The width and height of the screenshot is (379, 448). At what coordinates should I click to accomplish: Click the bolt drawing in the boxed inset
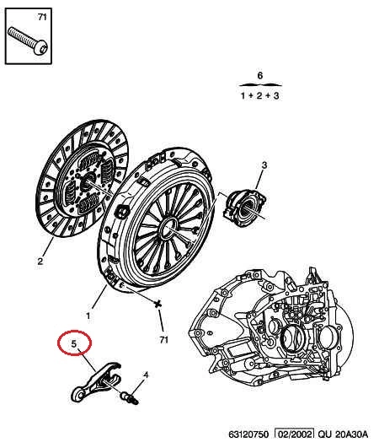28,40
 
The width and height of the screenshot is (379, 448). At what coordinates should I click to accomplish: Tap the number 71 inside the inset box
42,17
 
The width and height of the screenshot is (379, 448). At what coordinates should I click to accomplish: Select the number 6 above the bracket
259,75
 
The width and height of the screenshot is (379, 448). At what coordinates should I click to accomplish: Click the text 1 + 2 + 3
259,95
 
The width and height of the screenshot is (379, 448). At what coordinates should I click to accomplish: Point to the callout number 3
264,165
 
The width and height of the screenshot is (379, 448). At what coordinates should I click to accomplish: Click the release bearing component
244,208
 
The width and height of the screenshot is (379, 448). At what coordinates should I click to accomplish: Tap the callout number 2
40,261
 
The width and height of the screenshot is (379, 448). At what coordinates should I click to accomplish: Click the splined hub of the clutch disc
87,181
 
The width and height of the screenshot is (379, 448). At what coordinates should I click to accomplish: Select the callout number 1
88,316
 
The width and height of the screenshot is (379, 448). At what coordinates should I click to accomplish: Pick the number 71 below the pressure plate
163,340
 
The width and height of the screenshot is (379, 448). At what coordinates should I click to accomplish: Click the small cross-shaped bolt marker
157,304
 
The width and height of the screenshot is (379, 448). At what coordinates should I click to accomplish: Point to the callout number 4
146,375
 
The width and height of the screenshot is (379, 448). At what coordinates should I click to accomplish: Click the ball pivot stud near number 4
130,398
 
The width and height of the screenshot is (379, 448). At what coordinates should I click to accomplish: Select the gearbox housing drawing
271,326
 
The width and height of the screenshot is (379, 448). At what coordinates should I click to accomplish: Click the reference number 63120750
248,435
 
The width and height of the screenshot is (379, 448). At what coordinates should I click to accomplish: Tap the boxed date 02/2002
294,435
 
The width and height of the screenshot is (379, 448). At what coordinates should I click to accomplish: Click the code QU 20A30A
343,435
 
